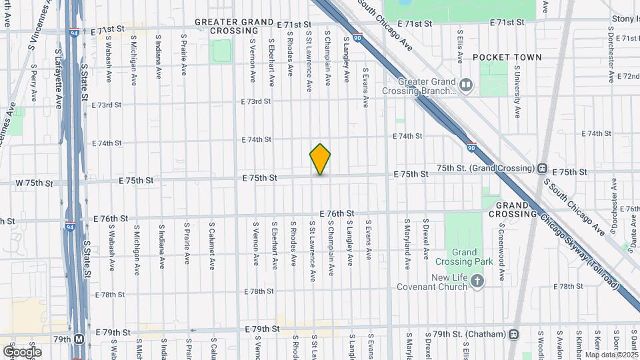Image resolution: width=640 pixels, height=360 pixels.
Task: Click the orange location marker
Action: click(x=320, y=159)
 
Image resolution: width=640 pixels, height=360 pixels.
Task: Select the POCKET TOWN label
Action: click(x=507, y=58)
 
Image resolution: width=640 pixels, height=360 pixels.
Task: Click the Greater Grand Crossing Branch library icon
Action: click(x=466, y=85)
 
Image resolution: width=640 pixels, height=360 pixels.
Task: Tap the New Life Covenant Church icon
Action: click(x=477, y=282)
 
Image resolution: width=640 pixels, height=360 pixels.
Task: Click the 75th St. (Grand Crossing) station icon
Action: click(x=543, y=169)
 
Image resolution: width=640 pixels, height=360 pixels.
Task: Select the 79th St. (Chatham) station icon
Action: click(x=513, y=334)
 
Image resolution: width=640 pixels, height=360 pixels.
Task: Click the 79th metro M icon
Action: click(x=80, y=339)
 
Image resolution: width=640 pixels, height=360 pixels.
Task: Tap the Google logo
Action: click(x=22, y=351)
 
